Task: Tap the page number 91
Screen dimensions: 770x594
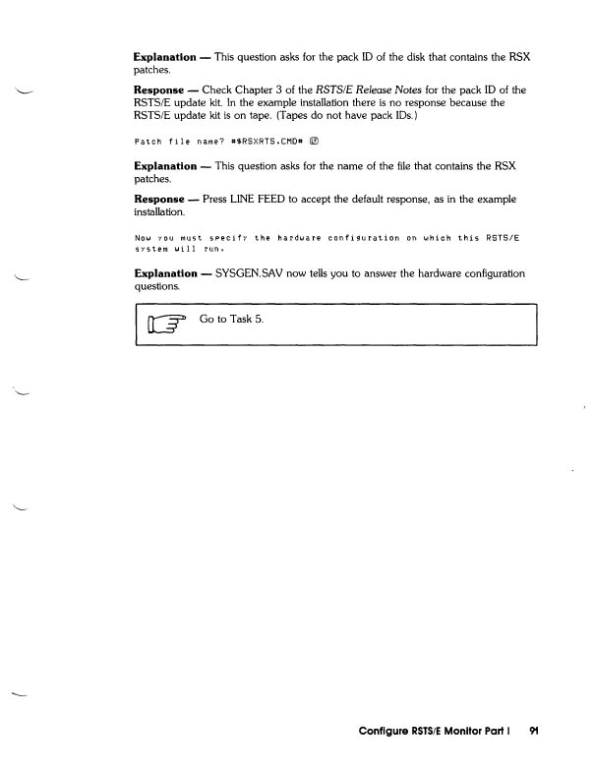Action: [x=535, y=733]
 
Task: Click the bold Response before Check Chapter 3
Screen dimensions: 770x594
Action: [x=163, y=89]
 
